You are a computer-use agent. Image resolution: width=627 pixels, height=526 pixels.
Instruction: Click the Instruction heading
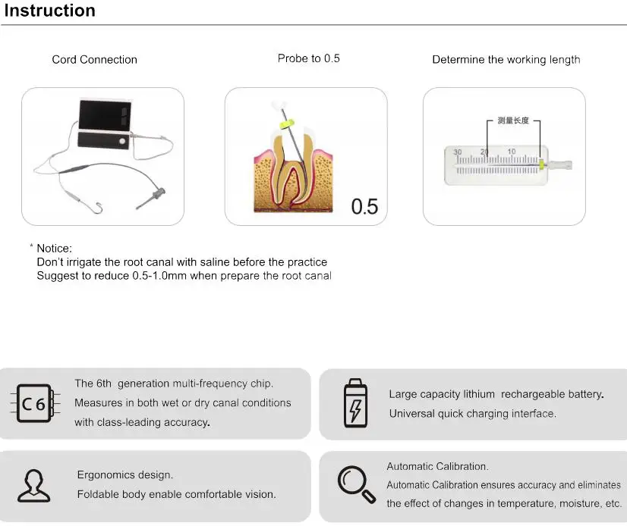point(49,11)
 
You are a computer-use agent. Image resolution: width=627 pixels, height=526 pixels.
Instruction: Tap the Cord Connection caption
point(94,60)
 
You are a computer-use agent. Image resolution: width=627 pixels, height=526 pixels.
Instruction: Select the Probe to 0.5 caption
point(308,58)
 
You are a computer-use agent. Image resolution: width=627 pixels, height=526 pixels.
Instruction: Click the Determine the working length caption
point(506,60)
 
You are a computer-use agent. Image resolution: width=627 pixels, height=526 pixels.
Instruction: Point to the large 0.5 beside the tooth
point(364,206)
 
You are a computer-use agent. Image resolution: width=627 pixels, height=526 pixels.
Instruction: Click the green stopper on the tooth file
point(287,124)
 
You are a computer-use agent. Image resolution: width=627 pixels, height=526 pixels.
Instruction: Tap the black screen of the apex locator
point(106,115)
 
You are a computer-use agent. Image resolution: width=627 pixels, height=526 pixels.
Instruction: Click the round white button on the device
point(122,141)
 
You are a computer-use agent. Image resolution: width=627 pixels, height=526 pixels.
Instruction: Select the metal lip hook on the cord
point(97,208)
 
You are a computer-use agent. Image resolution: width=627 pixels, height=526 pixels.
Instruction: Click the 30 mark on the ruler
point(458,152)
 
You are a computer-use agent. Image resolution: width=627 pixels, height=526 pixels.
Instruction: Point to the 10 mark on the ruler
point(512,152)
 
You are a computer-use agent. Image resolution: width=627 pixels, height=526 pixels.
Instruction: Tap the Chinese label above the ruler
point(513,121)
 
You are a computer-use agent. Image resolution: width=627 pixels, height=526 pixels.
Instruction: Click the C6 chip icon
point(34,403)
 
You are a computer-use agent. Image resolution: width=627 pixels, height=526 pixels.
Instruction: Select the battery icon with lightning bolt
point(355,403)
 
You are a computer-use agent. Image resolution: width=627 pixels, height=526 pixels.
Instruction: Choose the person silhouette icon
point(34,486)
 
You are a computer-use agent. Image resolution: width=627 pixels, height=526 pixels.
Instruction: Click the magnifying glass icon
point(357,484)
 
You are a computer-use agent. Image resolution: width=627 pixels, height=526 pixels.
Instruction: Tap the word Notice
point(54,249)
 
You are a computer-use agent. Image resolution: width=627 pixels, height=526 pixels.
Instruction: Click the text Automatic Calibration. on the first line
point(437,466)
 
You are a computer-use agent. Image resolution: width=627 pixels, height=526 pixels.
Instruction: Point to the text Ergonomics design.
point(124,475)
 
